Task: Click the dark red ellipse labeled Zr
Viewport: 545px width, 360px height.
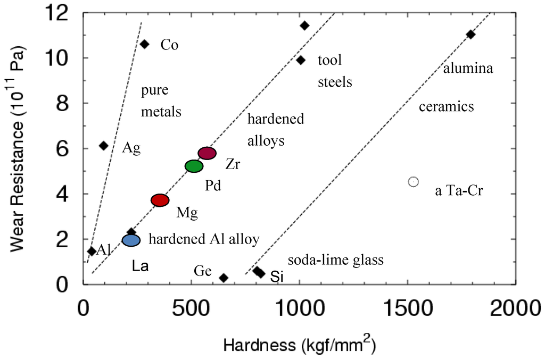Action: (x=207, y=153)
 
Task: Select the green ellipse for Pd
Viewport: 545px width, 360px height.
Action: (x=194, y=166)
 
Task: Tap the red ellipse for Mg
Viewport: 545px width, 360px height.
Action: (x=160, y=200)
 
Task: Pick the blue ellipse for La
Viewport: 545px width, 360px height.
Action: (x=131, y=240)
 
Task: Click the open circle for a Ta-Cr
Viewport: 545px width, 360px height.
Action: (x=413, y=182)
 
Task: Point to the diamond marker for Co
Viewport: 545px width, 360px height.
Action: (x=144, y=44)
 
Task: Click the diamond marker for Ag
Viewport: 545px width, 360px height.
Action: (x=104, y=146)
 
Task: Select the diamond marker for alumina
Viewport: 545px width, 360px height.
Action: (x=470, y=35)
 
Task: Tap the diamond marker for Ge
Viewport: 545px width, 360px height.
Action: (x=224, y=278)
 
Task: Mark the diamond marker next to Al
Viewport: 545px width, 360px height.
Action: (x=92, y=251)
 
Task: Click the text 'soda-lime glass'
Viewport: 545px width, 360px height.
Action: (x=335, y=260)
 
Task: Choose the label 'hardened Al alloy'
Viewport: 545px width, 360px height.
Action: (x=204, y=239)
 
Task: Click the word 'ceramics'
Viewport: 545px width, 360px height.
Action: (x=446, y=107)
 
